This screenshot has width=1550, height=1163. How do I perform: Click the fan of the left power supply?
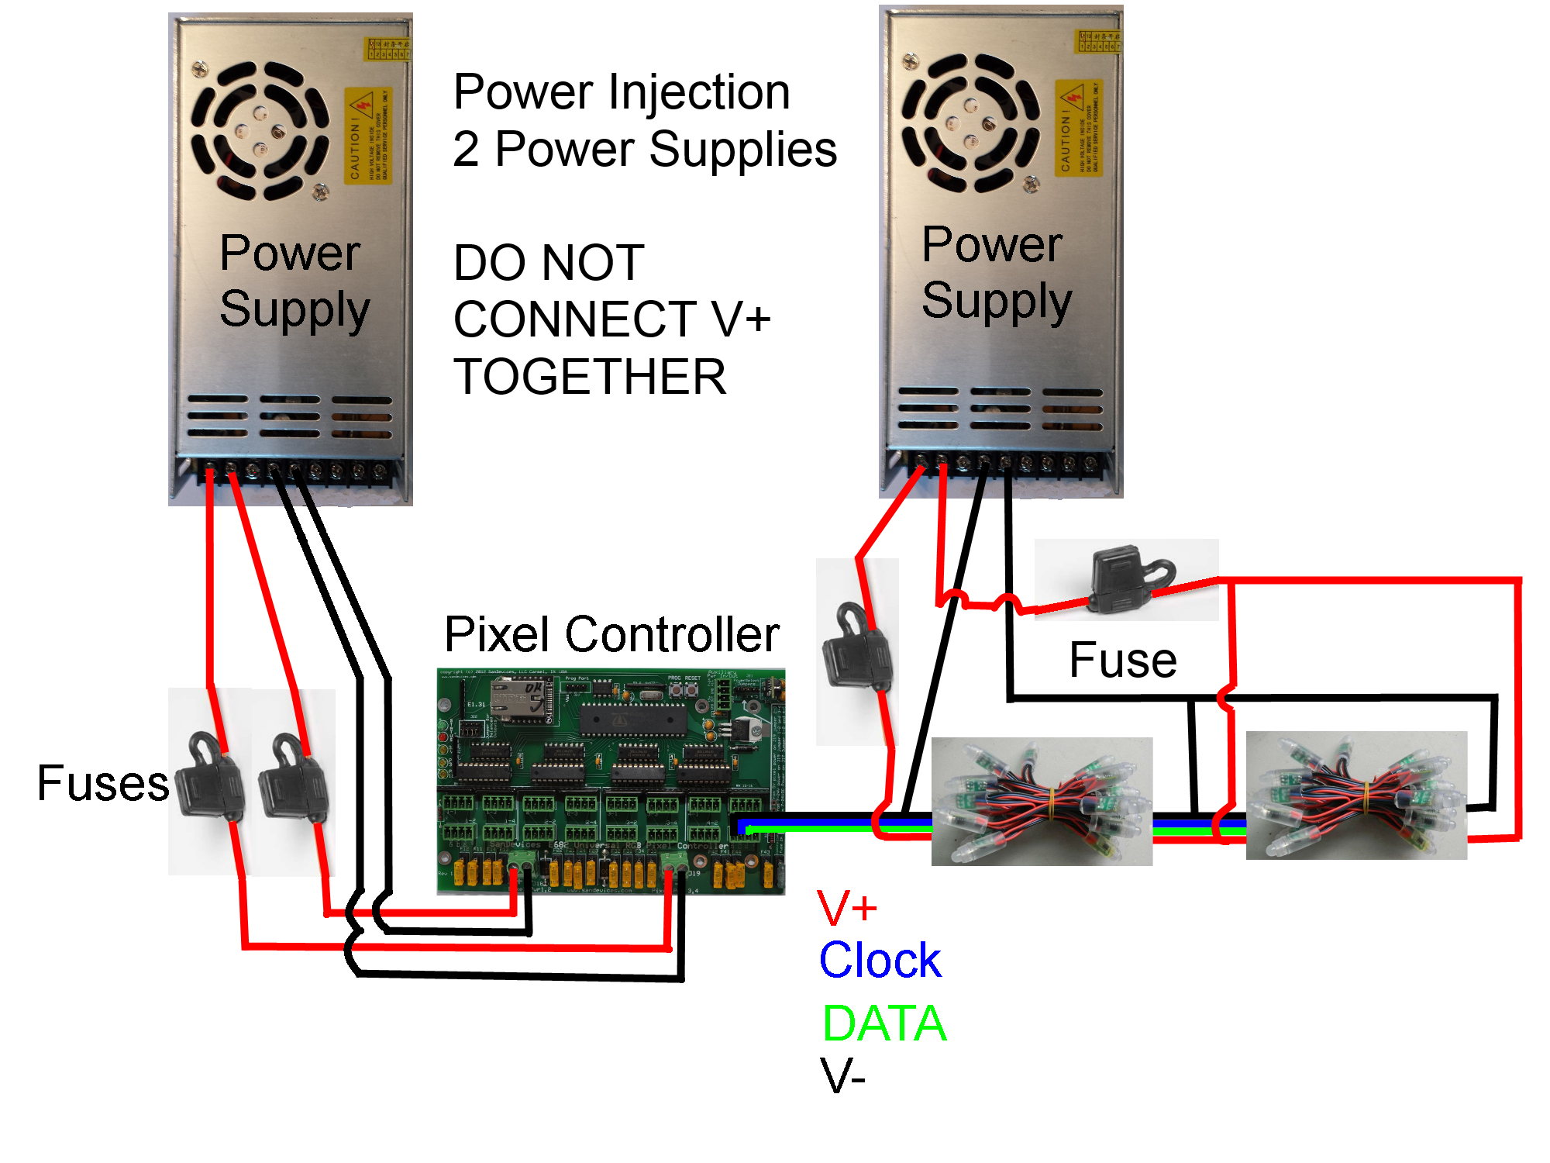[260, 130]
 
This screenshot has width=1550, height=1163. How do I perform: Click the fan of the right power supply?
[970, 123]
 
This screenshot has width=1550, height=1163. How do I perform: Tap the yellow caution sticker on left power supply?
[367, 136]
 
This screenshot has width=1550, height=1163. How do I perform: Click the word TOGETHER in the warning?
[590, 377]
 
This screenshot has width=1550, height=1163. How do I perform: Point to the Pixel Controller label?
[611, 634]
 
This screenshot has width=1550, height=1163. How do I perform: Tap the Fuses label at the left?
[102, 783]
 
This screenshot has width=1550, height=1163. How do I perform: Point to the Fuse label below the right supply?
[1122, 661]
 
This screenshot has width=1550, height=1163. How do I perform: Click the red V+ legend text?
[846, 908]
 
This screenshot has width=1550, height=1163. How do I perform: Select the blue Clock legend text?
[880, 961]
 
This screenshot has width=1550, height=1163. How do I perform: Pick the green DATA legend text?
[884, 1023]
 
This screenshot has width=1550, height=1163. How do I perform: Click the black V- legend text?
[842, 1076]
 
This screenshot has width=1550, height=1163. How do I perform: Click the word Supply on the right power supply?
[996, 301]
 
